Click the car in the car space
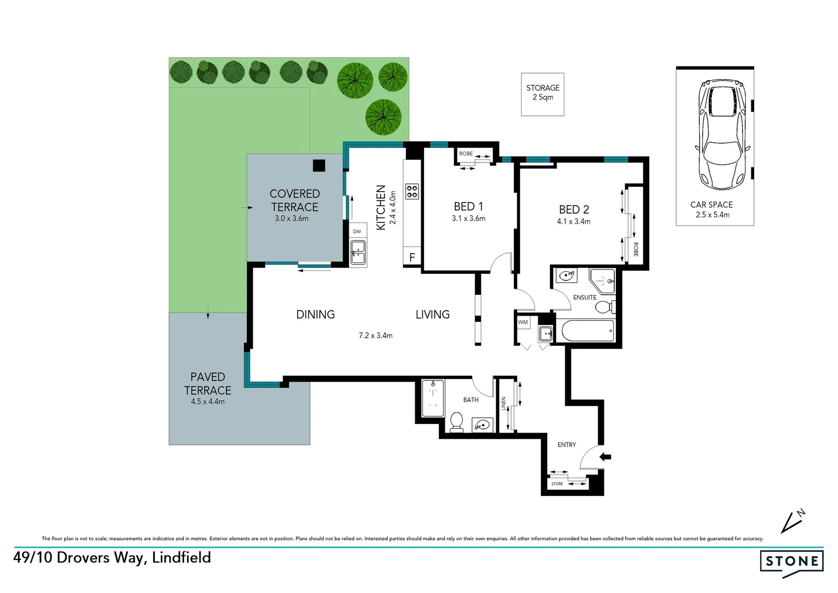721,135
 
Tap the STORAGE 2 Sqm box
542,93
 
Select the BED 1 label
468,206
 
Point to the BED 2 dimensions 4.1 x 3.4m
574,222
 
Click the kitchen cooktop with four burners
412,191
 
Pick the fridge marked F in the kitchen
412,257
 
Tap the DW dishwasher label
357,232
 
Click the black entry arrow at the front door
605,457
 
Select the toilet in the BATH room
456,422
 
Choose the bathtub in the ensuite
587,331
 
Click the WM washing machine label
523,322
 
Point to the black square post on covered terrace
319,165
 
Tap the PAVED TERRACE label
207,384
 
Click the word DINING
315,315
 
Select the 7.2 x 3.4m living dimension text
376,335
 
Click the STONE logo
792,562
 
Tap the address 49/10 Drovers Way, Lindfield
112,558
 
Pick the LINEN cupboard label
503,404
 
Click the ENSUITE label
585,298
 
